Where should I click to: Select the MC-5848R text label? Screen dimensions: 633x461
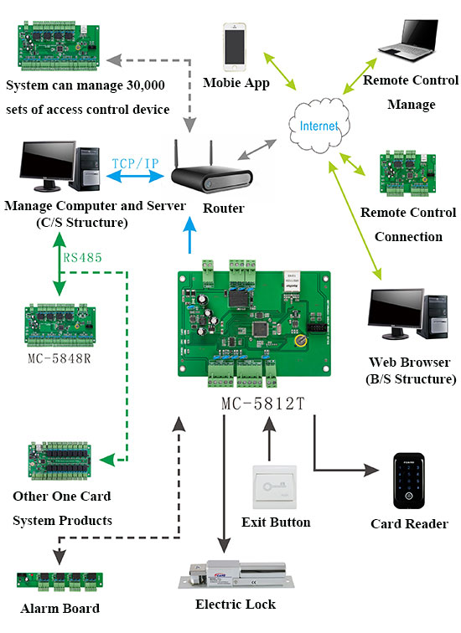click(x=60, y=358)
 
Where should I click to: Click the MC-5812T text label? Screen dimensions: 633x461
click(x=263, y=402)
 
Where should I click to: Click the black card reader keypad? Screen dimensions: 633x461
click(x=409, y=481)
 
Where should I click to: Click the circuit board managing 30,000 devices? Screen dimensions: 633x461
click(x=60, y=49)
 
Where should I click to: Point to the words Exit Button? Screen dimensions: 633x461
click(x=276, y=522)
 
